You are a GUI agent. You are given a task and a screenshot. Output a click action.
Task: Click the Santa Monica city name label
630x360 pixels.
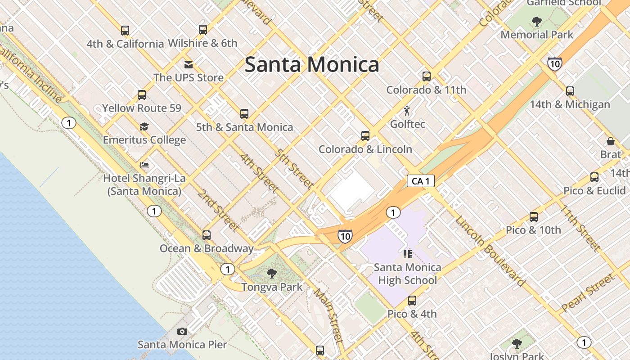pos(312,65)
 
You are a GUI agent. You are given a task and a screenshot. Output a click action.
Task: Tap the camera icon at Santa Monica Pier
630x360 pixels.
pos(182,332)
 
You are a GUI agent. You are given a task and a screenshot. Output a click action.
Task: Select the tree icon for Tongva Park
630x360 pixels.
pos(271,273)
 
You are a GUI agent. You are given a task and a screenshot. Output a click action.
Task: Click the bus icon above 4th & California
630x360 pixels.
pos(125,31)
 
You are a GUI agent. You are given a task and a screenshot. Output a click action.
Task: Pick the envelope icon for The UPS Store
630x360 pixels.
pos(188,64)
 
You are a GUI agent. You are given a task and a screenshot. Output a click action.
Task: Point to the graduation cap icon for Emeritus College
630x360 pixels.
pos(144,126)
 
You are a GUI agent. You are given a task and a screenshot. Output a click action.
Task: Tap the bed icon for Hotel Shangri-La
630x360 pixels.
pos(144,165)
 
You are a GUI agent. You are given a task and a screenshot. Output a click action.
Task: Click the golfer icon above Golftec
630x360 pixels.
pos(407,111)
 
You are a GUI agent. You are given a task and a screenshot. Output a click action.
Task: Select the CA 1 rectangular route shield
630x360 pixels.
pos(420,181)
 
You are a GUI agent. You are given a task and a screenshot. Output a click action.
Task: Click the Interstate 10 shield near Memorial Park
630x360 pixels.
pos(555,64)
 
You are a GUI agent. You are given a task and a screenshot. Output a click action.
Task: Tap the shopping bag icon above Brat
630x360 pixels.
pos(611,141)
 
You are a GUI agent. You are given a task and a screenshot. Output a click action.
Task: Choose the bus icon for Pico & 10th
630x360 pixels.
pos(534,217)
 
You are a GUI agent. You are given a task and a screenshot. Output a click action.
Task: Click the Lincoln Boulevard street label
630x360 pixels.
pos(489,252)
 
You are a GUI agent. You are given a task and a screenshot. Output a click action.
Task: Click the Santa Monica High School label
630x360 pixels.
pos(407,274)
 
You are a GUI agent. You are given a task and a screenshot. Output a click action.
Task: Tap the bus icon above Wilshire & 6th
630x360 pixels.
pos(203,30)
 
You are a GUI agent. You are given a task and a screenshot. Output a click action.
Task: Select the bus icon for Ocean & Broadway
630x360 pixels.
pos(207,235)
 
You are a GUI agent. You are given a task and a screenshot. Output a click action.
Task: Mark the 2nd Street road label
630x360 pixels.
pos(218,210)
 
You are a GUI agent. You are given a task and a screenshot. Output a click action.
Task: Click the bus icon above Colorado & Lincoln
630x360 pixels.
pos(365,135)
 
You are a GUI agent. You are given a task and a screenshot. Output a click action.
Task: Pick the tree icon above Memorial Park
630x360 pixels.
pos(536,21)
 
